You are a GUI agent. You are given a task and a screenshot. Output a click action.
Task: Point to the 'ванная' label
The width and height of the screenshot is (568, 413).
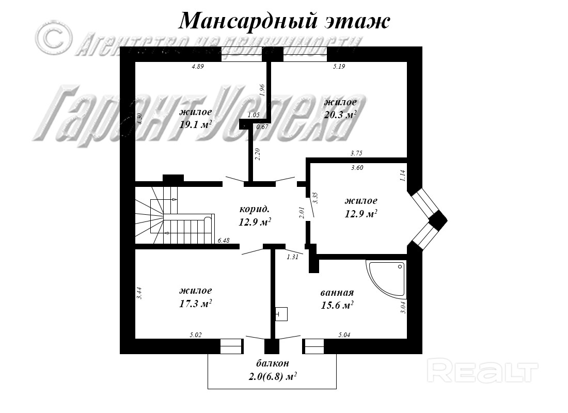337,293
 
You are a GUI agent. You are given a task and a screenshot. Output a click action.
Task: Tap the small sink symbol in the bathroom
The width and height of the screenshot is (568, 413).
281,314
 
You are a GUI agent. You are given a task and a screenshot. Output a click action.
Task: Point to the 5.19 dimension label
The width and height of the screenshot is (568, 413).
339,67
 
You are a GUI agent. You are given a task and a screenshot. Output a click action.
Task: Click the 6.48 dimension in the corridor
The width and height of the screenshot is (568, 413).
224,240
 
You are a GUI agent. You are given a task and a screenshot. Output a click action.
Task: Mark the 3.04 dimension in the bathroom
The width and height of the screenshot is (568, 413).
404,308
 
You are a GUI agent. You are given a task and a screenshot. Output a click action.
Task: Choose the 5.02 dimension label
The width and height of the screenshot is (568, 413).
195,335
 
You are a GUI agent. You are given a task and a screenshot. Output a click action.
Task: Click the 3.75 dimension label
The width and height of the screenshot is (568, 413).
356,153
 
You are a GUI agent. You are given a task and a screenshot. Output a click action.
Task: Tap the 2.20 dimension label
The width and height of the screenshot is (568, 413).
258,154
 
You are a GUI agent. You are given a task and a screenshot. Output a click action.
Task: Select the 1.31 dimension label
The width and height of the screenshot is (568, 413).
293,256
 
